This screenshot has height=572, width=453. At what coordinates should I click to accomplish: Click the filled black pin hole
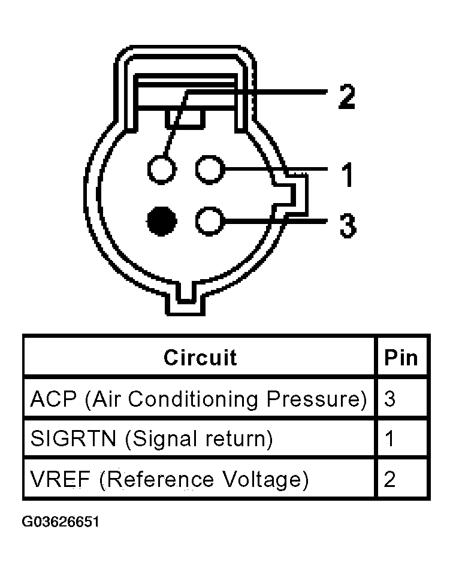[x=162, y=222]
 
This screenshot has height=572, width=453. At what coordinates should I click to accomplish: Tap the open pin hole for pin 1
[x=209, y=170]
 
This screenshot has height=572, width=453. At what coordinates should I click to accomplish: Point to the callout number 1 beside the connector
[x=346, y=175]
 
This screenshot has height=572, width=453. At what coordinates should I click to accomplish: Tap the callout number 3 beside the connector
[x=347, y=226]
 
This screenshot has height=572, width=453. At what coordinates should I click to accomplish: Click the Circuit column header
[x=200, y=358]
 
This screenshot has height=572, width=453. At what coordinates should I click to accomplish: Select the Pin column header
[x=401, y=358]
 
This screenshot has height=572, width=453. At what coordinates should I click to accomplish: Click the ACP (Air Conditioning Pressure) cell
[x=198, y=399]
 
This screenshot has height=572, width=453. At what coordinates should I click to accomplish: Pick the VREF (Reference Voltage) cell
[x=169, y=479]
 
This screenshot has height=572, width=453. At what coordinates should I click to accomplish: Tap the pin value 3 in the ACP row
[x=390, y=399]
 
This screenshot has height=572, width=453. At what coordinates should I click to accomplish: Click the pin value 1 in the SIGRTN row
[x=390, y=439]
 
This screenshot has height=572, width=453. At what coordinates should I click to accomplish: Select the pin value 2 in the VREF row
[x=390, y=479]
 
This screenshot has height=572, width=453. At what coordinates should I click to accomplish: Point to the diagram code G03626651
[x=61, y=522]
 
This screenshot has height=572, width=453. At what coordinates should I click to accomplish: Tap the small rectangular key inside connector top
[x=186, y=117]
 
